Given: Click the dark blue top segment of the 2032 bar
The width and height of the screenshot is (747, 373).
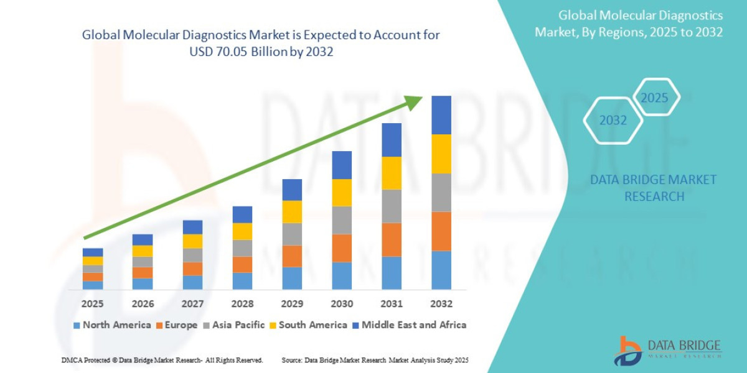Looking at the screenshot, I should click(441, 115).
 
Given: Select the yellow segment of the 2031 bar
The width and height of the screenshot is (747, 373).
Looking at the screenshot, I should click(392, 173).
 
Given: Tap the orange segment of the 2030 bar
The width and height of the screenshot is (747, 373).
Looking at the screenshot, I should click(342, 247).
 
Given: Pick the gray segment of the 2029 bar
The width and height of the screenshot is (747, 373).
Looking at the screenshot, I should click(292, 234).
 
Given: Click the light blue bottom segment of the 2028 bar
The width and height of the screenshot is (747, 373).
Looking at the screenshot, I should click(242, 281).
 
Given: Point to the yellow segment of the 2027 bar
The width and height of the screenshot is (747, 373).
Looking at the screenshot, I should click(192, 241).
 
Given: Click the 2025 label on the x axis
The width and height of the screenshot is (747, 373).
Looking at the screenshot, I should click(92, 304).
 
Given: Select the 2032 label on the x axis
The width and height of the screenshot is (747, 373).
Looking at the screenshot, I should click(441, 304).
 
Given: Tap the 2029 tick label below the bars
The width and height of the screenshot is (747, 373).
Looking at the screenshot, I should click(292, 304).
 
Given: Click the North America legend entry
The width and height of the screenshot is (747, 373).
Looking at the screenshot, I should click(112, 325).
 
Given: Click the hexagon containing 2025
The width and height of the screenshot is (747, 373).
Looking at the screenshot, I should click(654, 98).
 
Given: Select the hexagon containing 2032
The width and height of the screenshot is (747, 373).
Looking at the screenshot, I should click(613, 121).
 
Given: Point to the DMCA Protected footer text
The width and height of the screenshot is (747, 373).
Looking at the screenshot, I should click(162, 360).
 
